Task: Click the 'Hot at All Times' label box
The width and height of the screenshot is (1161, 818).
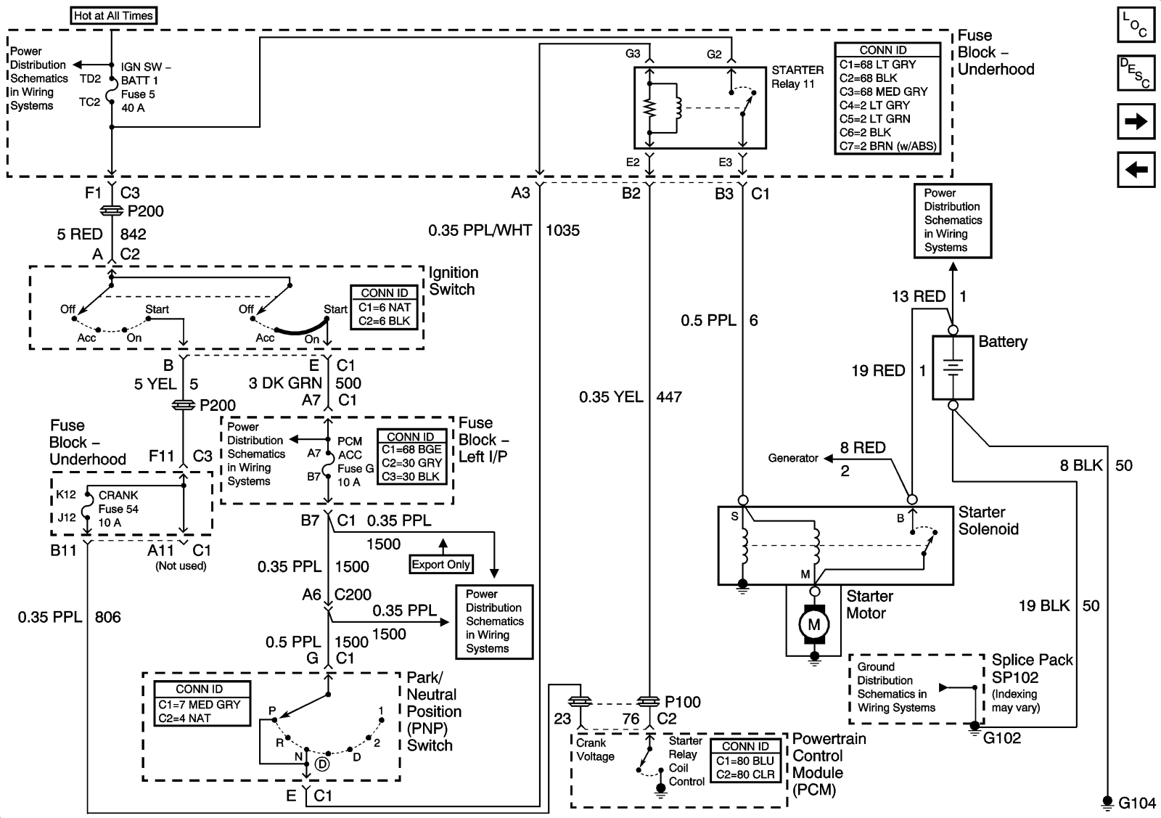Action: pos(113,15)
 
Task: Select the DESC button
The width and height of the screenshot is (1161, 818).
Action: pos(1135,73)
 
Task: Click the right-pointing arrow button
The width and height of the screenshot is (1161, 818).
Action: pos(1135,121)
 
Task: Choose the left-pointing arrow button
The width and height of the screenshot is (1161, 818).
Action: pos(1135,170)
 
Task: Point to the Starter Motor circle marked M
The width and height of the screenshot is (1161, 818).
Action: pos(814,623)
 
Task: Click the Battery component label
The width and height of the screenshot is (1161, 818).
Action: pos(1003,342)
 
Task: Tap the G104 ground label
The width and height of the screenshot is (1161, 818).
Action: pos(1137,803)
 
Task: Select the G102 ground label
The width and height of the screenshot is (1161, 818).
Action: pos(1002,738)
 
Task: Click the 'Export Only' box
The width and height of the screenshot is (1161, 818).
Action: pos(441,565)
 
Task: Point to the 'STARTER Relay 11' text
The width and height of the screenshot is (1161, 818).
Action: pos(797,77)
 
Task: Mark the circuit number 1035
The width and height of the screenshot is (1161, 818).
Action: pos(562,231)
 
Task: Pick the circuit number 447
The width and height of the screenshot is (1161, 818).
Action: pos(669,397)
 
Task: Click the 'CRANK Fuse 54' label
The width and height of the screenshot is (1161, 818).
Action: pos(118,502)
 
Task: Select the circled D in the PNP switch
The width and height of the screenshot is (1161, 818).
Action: pos(321,764)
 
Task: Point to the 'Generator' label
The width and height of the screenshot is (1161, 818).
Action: pos(793,458)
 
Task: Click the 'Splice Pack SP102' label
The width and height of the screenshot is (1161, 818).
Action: pos(1032,668)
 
